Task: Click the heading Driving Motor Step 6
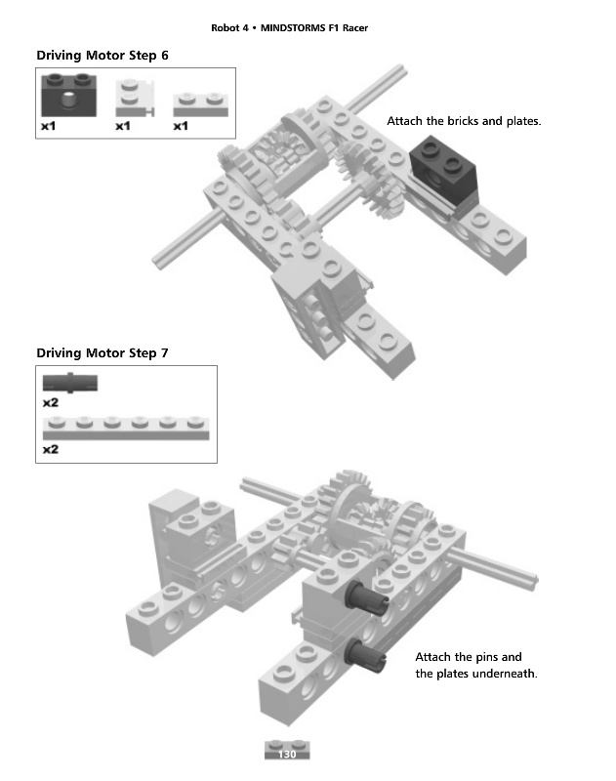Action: (103, 56)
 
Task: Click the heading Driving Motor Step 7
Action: (103, 352)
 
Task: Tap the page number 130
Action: (287, 755)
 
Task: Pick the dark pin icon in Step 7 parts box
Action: (69, 381)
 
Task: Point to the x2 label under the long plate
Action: (51, 450)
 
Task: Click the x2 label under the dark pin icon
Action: (51, 401)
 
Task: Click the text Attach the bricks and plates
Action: (464, 122)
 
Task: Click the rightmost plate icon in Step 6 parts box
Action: (199, 104)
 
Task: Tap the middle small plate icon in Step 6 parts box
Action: (132, 98)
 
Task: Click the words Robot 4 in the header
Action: (229, 26)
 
